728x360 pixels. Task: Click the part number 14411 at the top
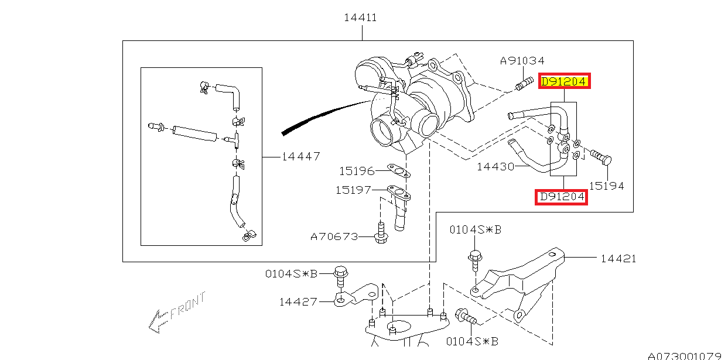click(x=360, y=18)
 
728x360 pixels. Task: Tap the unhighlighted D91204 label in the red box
click(x=562, y=197)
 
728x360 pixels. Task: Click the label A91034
click(x=522, y=60)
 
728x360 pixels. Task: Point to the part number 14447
click(x=300, y=156)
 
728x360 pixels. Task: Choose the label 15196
click(x=356, y=172)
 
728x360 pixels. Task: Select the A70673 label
click(x=334, y=236)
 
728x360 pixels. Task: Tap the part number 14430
click(x=495, y=166)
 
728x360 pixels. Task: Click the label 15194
click(x=606, y=186)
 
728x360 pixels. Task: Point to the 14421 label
click(x=618, y=258)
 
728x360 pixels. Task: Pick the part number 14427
click(x=298, y=302)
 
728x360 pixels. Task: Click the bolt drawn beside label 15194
click(x=601, y=157)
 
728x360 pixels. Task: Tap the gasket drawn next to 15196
click(x=398, y=171)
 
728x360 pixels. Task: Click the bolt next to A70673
click(x=381, y=233)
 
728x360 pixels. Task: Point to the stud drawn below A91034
click(x=522, y=84)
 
